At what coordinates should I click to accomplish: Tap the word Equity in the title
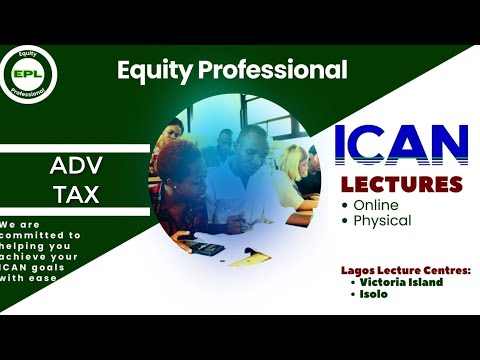[148, 70]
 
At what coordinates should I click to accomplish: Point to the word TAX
[75, 194]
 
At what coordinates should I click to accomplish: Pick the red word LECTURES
[402, 185]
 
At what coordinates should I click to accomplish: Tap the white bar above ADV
[75, 148]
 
